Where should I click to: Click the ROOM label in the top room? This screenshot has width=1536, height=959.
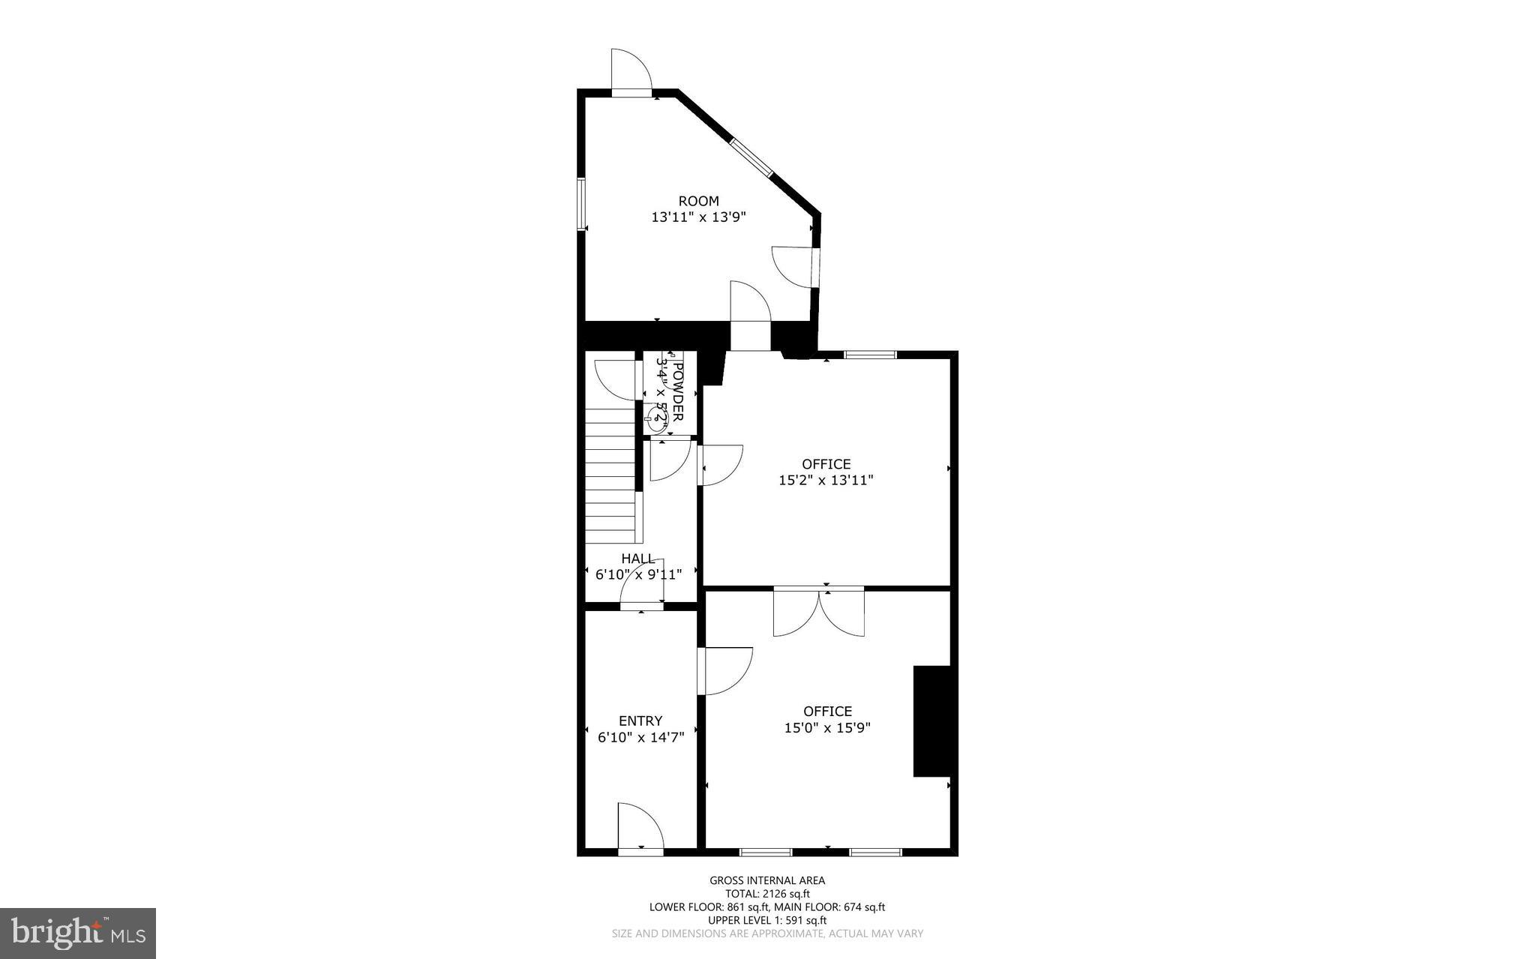[x=698, y=201]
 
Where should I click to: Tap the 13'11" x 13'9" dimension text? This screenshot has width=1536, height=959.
[x=698, y=217]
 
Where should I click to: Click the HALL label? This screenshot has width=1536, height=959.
[x=637, y=559]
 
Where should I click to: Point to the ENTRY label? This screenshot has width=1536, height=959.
[x=640, y=721]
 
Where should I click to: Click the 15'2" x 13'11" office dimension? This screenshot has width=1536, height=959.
[x=826, y=481]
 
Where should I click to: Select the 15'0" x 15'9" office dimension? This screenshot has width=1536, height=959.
[x=827, y=728]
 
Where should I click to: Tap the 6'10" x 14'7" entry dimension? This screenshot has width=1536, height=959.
[x=640, y=738]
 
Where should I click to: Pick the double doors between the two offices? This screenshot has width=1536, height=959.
[x=819, y=611]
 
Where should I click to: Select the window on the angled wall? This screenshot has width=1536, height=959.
[x=751, y=157]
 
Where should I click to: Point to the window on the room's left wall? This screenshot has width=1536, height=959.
[x=580, y=202]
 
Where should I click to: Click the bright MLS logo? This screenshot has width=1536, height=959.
[x=78, y=933]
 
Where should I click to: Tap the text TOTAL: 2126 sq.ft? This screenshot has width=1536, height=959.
[x=767, y=894]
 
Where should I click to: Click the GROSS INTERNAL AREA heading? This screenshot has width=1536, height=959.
[x=767, y=880]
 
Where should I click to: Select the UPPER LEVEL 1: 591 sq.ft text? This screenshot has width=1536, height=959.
[x=767, y=920]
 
